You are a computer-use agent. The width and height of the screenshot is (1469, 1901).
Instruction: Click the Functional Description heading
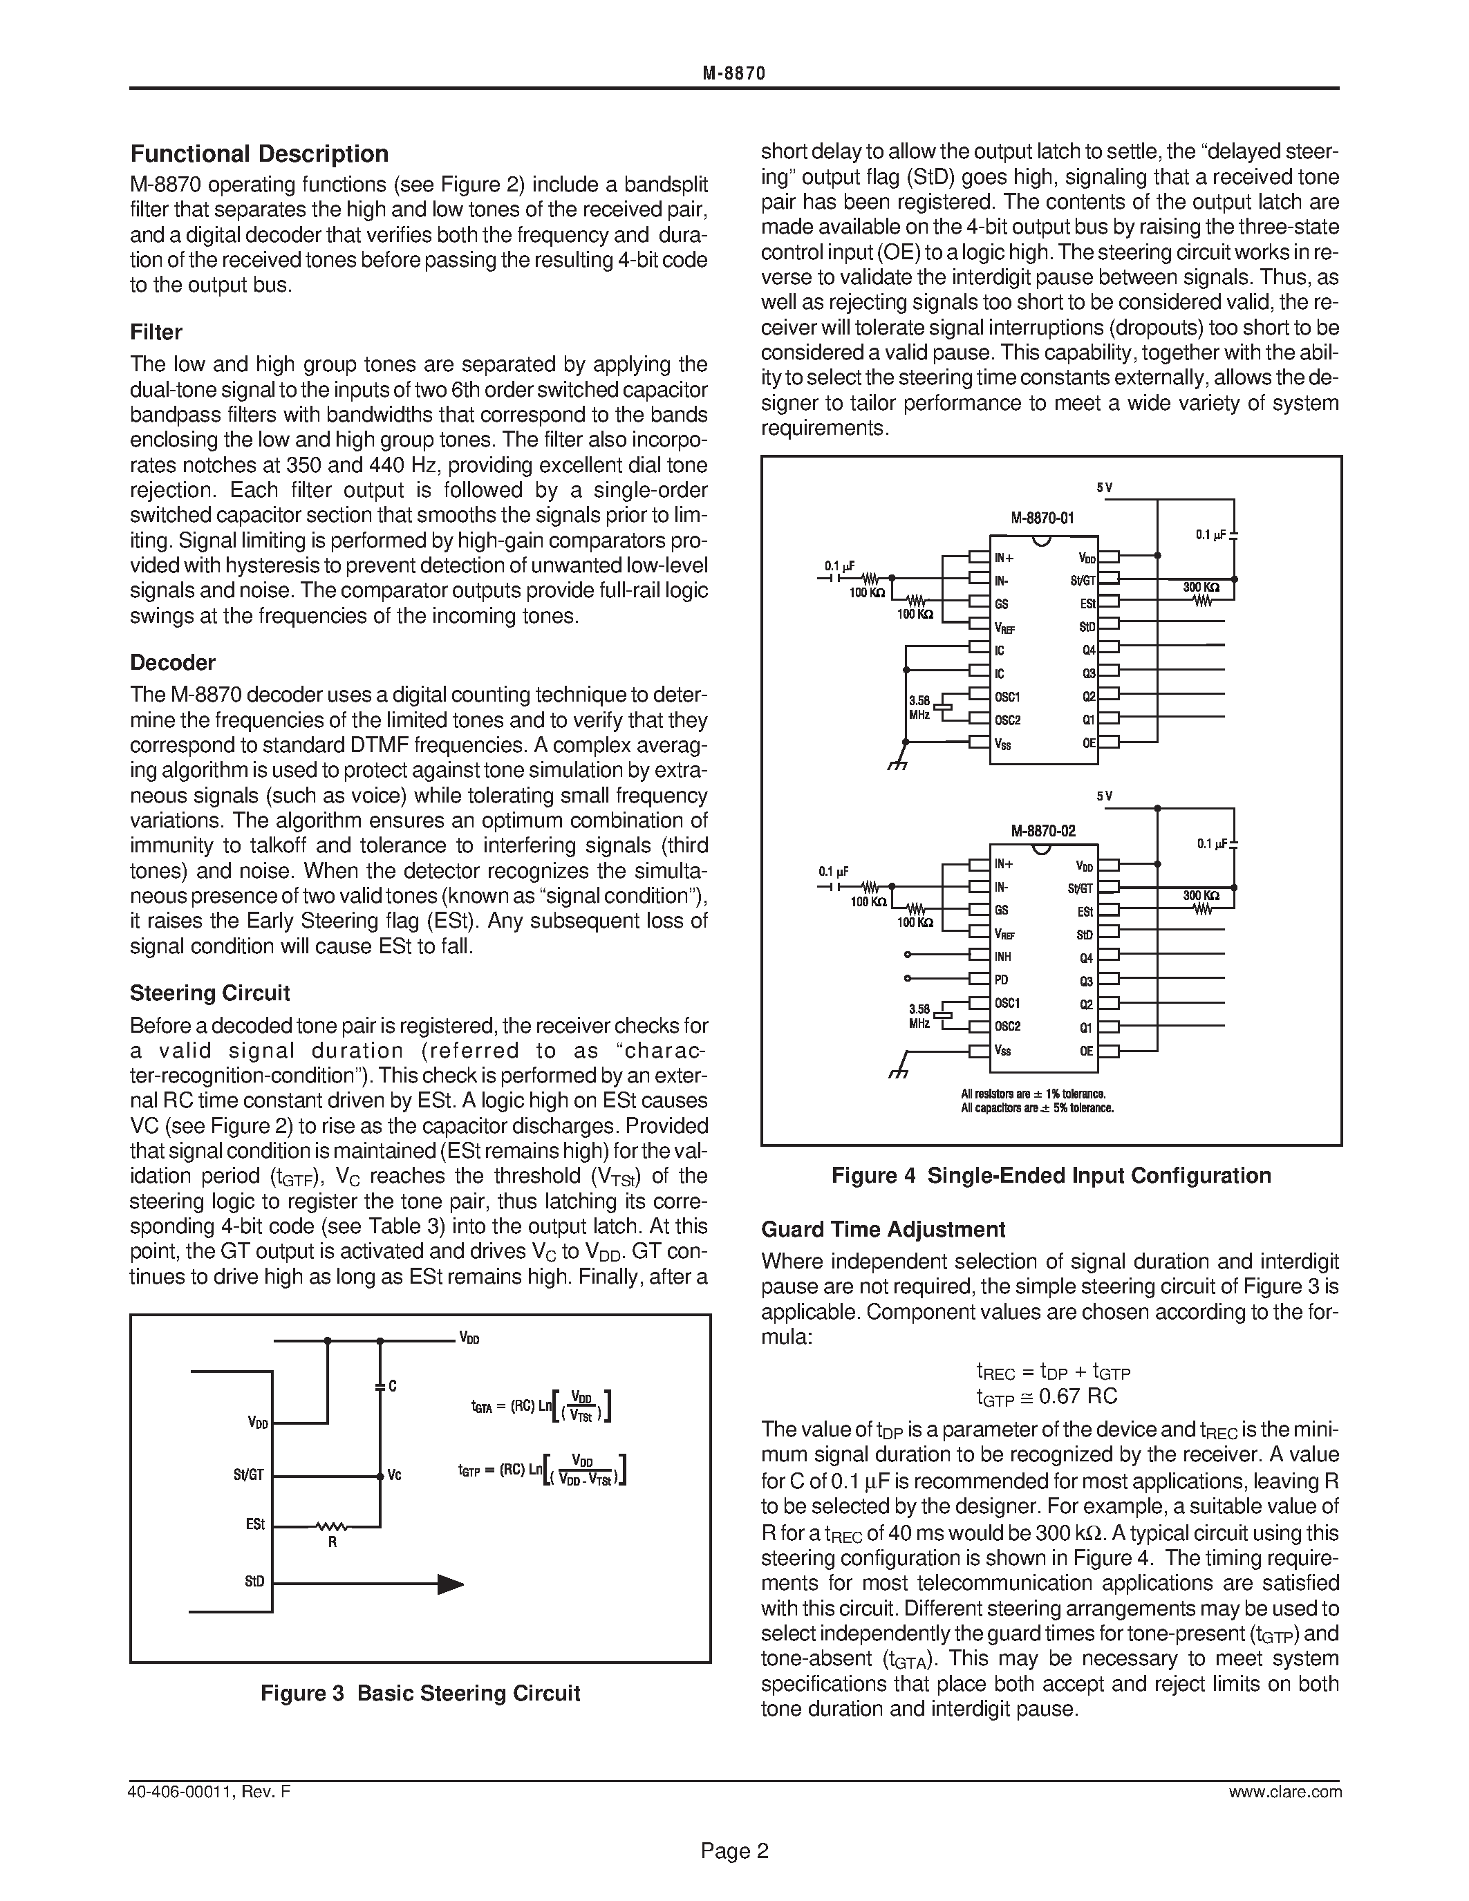tap(259, 154)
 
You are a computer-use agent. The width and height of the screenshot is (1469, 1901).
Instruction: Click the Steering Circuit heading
tap(209, 993)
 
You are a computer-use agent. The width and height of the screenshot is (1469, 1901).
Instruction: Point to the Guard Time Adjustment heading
tap(883, 1229)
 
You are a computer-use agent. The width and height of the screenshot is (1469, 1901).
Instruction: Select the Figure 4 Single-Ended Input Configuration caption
tap(1050, 1176)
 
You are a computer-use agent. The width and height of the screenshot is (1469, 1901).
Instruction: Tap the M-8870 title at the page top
tap(733, 74)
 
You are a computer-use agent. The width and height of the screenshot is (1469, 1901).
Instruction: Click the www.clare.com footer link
tap(1284, 1792)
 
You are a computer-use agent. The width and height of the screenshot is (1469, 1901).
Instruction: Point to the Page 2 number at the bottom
tap(734, 1851)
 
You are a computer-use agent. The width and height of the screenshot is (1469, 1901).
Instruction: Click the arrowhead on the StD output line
tap(449, 1584)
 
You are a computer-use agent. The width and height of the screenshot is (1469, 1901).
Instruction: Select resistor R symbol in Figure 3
tap(332, 1526)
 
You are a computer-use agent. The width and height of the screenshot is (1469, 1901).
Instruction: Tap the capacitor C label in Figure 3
tap(393, 1387)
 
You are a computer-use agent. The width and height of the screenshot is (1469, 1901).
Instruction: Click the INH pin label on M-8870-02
tap(1002, 957)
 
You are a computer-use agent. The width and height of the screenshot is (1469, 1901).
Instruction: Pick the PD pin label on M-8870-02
tap(1001, 980)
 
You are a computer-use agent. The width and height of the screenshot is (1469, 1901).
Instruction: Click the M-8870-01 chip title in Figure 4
tap(1042, 518)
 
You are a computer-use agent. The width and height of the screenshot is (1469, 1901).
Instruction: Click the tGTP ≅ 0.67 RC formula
tap(1047, 1397)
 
